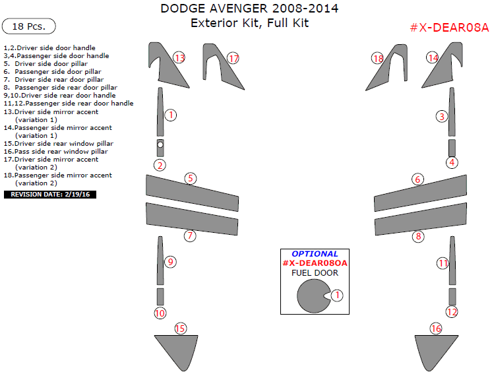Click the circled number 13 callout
pos(179,58)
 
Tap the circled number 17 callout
pos(233,59)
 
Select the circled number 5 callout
pos(191,178)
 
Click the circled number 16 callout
pos(436,328)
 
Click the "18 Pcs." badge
pos(29,26)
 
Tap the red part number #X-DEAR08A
pos(449,27)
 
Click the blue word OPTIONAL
pos(315,254)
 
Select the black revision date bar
pos(50,195)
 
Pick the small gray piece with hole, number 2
pos(160,146)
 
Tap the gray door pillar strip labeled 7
pos(191,219)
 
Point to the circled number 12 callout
pos(452,311)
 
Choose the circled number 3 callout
pos(442,117)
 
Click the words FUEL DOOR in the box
pos(315,273)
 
